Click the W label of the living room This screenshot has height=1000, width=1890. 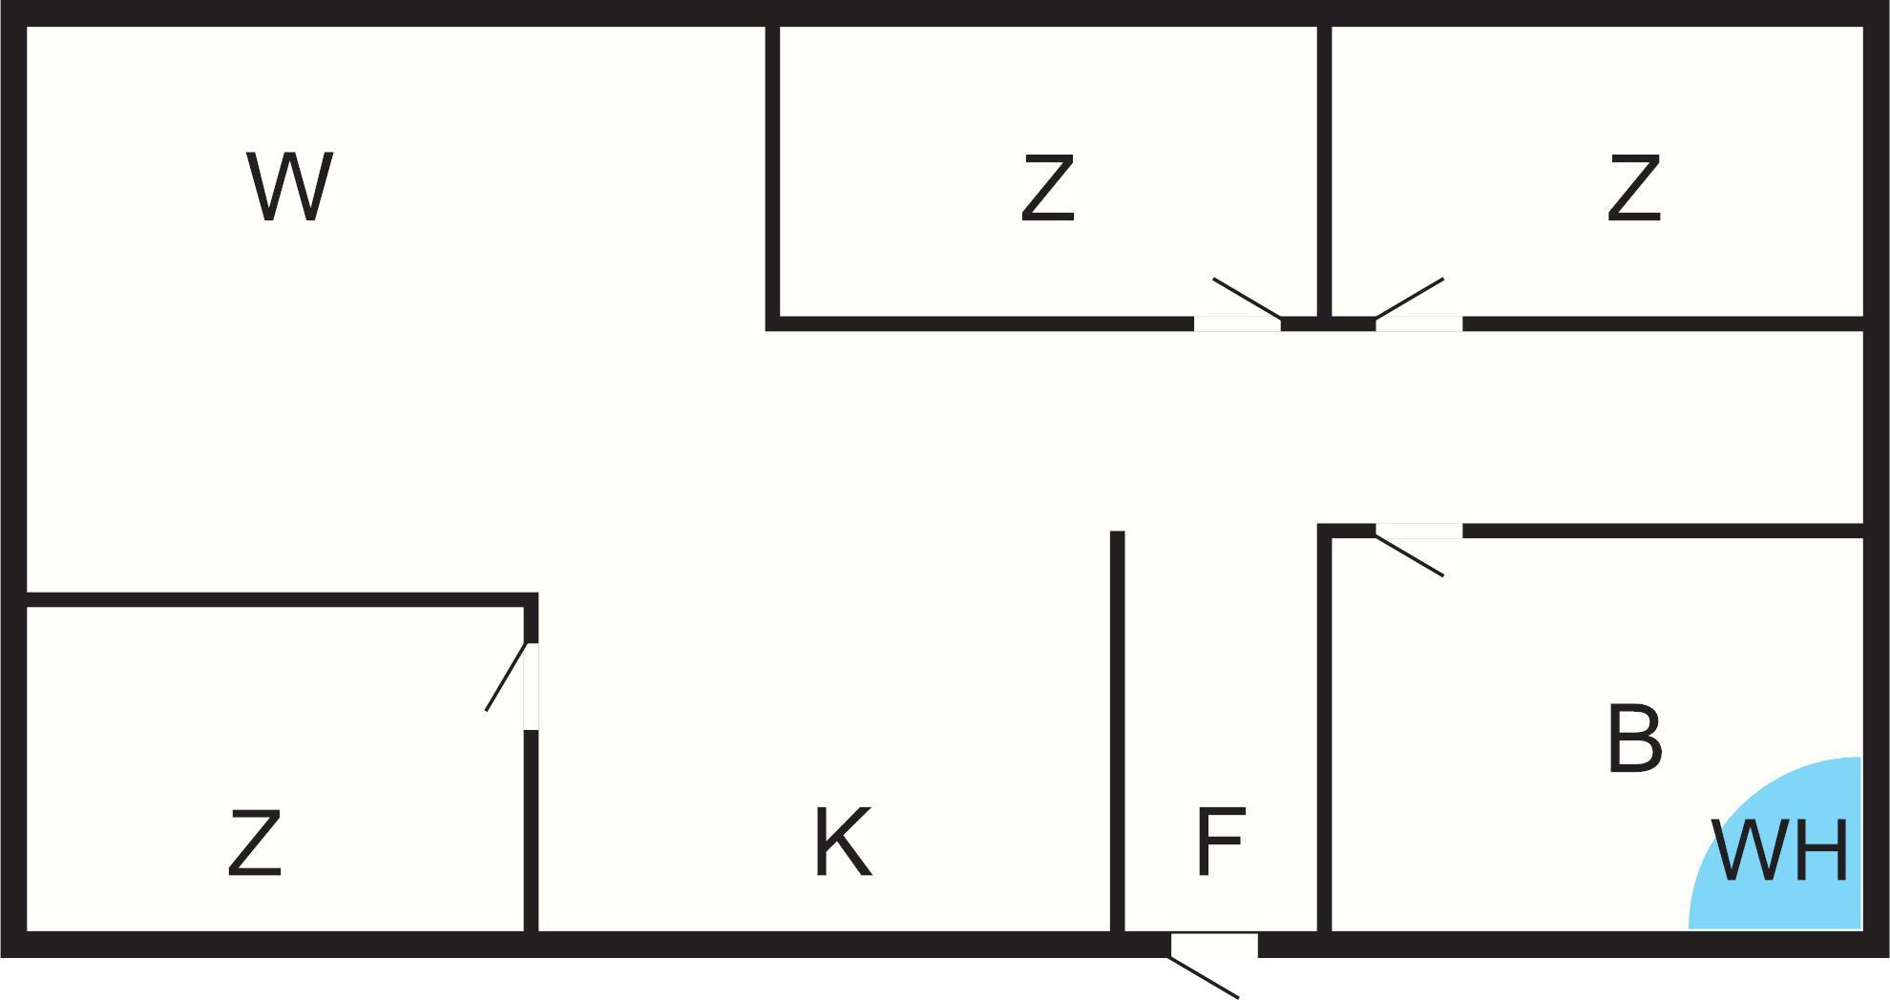[289, 187]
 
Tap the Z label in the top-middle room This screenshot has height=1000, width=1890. [1047, 189]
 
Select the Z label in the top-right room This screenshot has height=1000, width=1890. [1633, 189]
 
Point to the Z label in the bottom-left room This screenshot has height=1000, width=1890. [255, 843]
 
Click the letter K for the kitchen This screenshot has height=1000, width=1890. [842, 842]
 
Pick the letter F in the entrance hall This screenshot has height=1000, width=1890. [1220, 842]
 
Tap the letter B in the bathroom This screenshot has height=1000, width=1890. [1634, 740]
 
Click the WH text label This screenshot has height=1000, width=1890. [1779, 850]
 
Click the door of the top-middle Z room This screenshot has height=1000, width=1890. [1237, 323]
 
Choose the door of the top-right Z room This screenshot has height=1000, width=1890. [1418, 323]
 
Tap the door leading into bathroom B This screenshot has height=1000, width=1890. [1418, 531]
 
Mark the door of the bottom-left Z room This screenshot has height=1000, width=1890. [531, 686]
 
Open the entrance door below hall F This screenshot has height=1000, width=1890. [1214, 945]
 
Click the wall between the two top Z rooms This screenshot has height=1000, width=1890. [1324, 172]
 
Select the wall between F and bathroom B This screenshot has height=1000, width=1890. [1324, 735]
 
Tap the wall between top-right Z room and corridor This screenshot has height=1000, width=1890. [1661, 323]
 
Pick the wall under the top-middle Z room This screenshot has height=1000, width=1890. [983, 323]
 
